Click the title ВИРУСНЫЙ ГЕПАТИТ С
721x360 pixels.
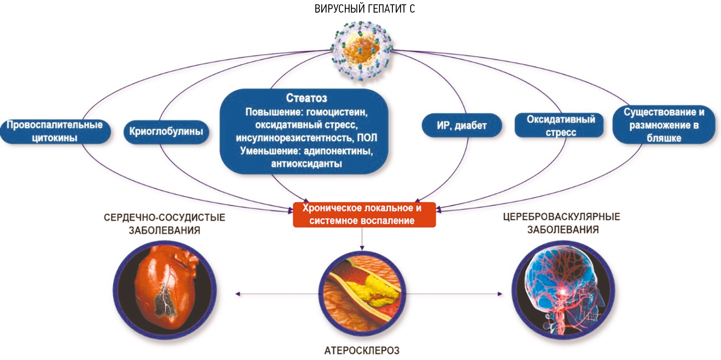tap(364, 9)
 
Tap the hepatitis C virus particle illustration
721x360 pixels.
tap(362, 50)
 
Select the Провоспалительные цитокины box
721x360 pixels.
tap(55, 131)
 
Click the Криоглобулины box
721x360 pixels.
tap(166, 132)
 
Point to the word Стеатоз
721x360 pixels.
tap(307, 98)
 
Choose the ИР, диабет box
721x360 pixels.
tap(462, 126)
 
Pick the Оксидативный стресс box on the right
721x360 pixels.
tap(560, 126)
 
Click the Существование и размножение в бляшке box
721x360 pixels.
tap(664, 125)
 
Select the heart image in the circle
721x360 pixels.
tap(165, 290)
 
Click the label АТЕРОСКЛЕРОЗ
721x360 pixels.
tap(362, 350)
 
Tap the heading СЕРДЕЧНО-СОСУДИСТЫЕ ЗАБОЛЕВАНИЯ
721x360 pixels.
tap(164, 223)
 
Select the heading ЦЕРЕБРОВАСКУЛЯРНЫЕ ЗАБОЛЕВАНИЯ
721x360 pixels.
tap(562, 223)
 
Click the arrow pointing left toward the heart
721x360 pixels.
tap(238, 294)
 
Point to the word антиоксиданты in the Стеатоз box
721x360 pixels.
tap(307, 164)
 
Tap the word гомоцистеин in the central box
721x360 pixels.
tap(337, 112)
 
